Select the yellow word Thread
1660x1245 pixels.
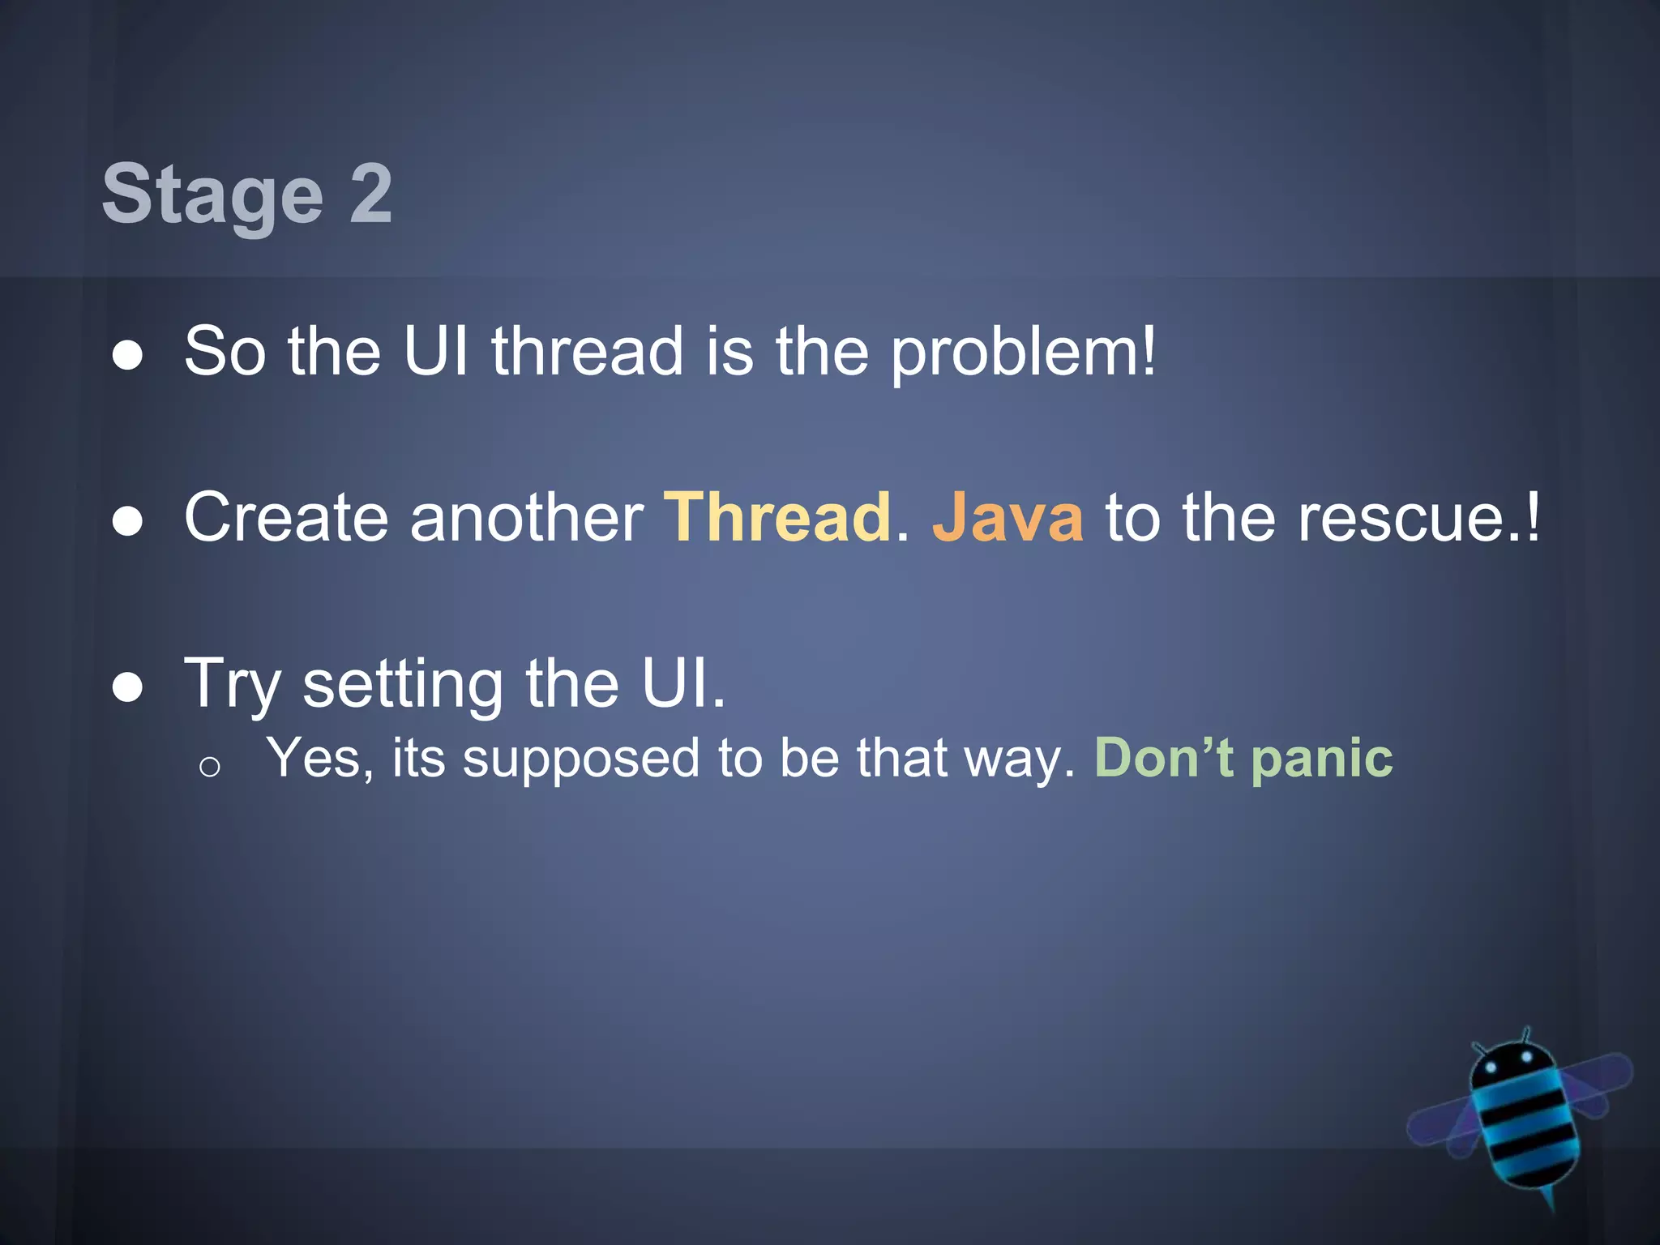pyautogui.click(x=777, y=517)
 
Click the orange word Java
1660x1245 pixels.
pyautogui.click(x=1008, y=517)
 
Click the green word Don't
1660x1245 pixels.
pyautogui.click(x=1164, y=758)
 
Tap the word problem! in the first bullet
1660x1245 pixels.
pyautogui.click(x=1024, y=352)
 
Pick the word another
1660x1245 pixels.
pyautogui.click(x=527, y=517)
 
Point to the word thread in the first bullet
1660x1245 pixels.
pyautogui.click(x=588, y=352)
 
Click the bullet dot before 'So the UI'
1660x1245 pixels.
pyautogui.click(x=128, y=355)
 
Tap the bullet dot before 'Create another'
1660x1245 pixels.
pyautogui.click(x=128, y=522)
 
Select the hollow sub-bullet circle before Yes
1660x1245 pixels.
pyautogui.click(x=209, y=767)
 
